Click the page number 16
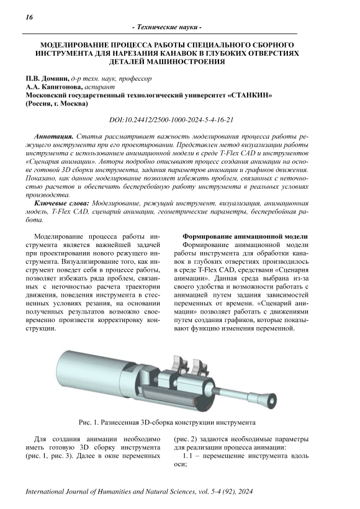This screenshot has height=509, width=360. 29,17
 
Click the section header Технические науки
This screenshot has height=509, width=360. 167,27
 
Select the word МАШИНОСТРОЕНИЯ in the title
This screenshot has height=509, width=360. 188,61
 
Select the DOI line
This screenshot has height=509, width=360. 171,120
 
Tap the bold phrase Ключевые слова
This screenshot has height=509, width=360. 61,204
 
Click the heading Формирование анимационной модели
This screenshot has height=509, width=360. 245,236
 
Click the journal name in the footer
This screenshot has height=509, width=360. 110,492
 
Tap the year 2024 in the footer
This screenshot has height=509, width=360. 245,492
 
